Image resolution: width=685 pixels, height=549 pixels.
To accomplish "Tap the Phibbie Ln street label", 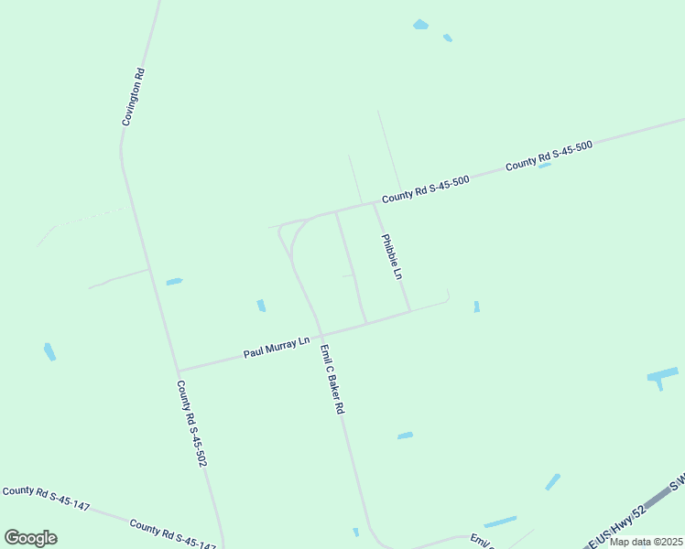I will point(392,257).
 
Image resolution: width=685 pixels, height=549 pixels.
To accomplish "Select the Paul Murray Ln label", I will point(277,348).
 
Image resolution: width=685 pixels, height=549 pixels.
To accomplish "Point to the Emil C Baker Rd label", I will point(332,380).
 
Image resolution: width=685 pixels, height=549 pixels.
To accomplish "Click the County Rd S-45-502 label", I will point(190,424).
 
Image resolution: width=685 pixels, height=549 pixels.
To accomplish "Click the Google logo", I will point(30,538).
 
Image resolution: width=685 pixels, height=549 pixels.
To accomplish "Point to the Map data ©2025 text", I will point(646,542).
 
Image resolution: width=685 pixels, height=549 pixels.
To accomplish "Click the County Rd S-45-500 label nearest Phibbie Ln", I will point(426,189).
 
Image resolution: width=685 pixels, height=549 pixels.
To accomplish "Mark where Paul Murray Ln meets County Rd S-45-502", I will point(179,371).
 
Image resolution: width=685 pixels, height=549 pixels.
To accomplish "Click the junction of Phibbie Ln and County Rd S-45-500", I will point(374,203).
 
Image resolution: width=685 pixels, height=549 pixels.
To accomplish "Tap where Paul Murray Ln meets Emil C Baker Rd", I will point(321,334).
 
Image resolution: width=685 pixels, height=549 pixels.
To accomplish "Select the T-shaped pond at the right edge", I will point(661,375).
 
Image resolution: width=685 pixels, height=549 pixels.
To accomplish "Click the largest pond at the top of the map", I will point(420,25).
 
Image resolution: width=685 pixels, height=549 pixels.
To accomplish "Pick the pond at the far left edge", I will point(49,351).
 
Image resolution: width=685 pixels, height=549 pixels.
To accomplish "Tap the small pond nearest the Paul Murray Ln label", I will point(261,306).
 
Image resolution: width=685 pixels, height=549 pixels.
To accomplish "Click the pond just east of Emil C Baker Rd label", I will point(405,436).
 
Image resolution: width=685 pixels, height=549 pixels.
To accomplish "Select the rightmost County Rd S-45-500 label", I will point(549,156).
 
